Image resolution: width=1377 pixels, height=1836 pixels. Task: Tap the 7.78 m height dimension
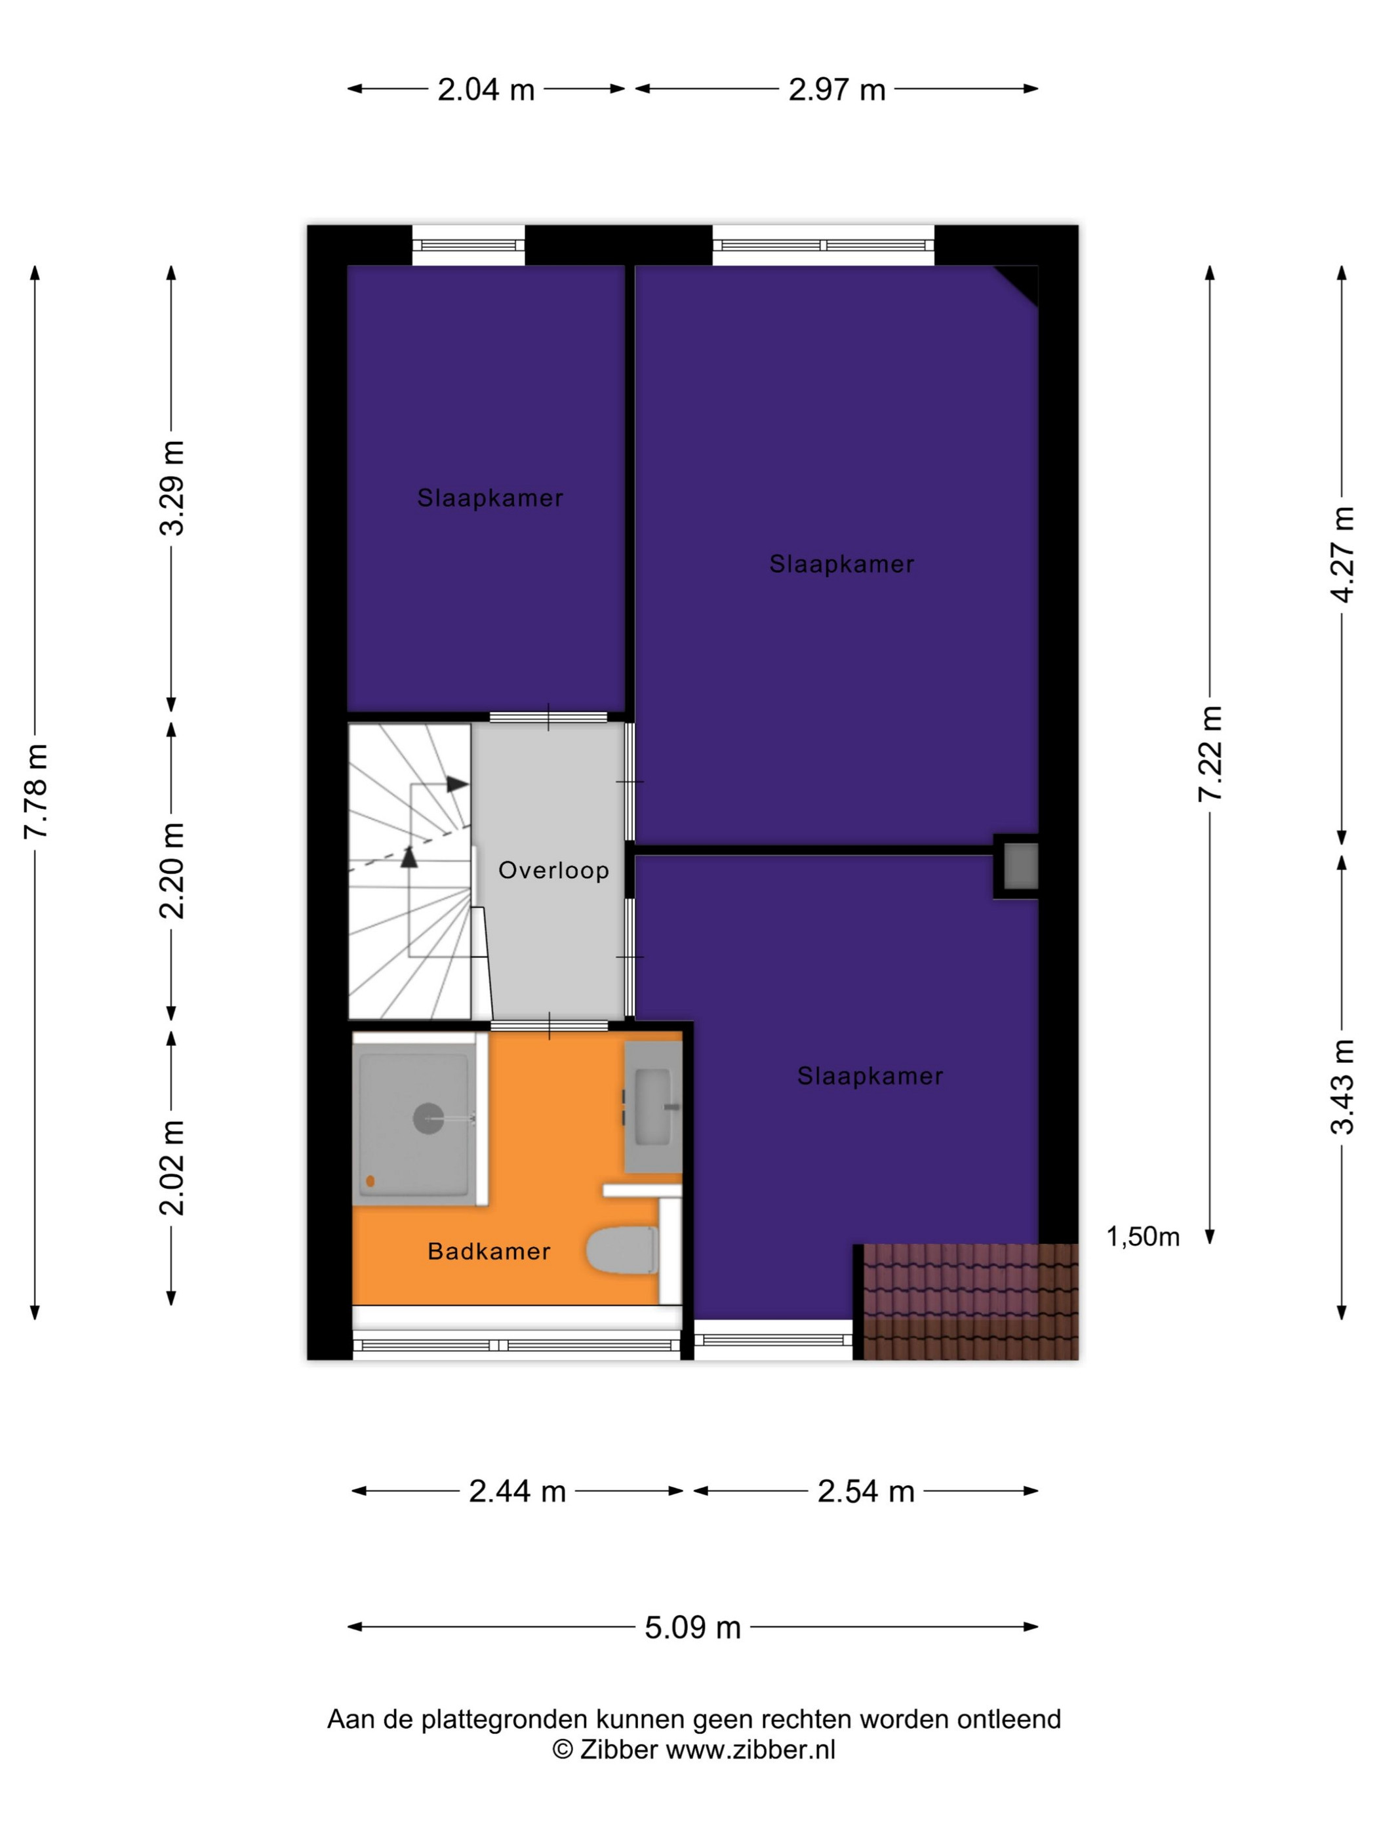click(35, 791)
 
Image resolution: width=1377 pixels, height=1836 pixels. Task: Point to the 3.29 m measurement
click(172, 488)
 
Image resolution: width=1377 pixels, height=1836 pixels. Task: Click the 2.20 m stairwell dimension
click(172, 870)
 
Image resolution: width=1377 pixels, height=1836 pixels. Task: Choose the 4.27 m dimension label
click(1342, 553)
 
